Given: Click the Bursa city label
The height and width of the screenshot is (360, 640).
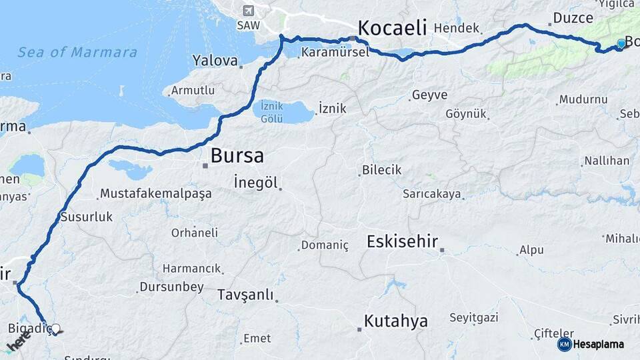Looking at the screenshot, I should pyautogui.click(x=237, y=156).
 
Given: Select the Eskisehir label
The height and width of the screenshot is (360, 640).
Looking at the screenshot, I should pyautogui.click(x=401, y=241).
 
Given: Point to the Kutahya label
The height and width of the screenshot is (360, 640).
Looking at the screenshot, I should pyautogui.click(x=395, y=321).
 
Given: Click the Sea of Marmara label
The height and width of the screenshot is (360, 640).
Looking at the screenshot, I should pyautogui.click(x=77, y=52).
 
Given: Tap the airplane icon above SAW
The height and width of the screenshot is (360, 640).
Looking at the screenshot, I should pyautogui.click(x=248, y=11).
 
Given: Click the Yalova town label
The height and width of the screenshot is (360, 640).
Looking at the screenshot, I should pyautogui.click(x=215, y=61).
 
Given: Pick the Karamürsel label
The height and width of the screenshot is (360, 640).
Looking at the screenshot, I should pyautogui.click(x=335, y=51).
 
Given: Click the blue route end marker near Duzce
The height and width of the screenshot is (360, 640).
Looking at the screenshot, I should pyautogui.click(x=621, y=43).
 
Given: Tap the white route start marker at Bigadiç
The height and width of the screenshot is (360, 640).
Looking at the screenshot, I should pyautogui.click(x=56, y=329).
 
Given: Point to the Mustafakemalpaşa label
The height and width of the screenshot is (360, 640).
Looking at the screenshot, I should pyautogui.click(x=155, y=194).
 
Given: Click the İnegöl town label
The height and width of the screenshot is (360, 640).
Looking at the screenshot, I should pyautogui.click(x=255, y=182).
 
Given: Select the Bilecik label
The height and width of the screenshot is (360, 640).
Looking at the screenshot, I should pyautogui.click(x=381, y=170).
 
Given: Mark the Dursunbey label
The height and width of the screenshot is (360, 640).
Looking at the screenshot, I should pyautogui.click(x=171, y=287).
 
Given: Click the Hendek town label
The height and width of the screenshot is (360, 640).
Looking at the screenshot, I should pyautogui.click(x=457, y=29).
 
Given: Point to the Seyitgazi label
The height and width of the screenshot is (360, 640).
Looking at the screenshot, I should pyautogui.click(x=473, y=318).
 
